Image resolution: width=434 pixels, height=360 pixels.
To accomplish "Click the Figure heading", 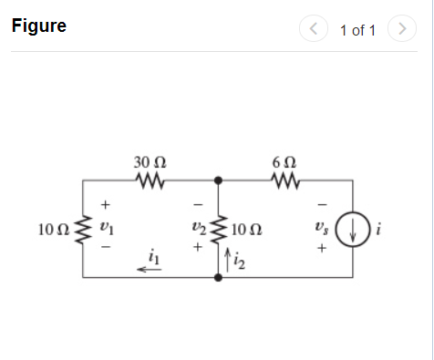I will click(x=39, y=26).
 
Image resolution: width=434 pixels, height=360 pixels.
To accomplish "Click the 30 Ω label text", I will click(x=149, y=162).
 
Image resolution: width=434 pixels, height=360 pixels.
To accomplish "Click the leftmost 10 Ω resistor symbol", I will click(x=83, y=229).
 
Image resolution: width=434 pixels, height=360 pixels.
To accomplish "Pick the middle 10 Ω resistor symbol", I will click(x=217, y=229).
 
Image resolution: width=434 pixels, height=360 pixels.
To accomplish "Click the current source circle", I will click(x=353, y=228).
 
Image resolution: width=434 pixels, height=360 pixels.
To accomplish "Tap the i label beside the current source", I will click(x=378, y=228).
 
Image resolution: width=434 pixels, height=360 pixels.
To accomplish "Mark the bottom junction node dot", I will click(x=217, y=276).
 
